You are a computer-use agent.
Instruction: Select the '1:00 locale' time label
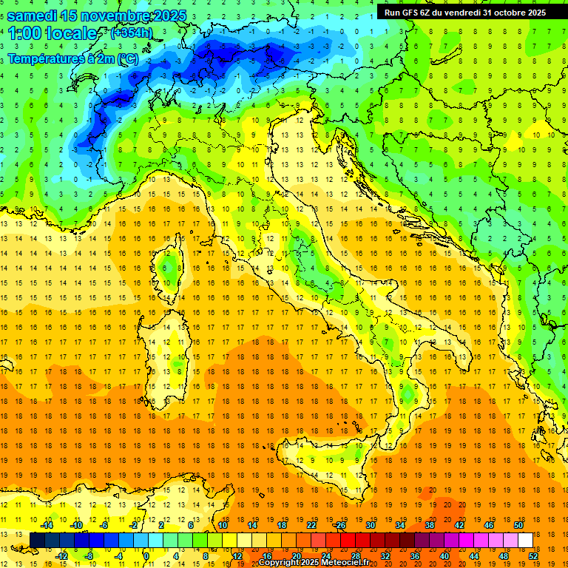click(x=53, y=33)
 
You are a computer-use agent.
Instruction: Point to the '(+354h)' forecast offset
click(x=132, y=33)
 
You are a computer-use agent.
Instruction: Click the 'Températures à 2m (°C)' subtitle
click(x=72, y=58)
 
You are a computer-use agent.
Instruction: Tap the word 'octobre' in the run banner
click(x=503, y=12)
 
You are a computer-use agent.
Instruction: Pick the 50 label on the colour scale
click(x=518, y=525)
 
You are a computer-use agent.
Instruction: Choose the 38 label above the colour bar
click(x=430, y=525)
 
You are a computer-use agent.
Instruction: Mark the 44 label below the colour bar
click(x=474, y=556)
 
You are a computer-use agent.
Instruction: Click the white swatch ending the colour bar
click(x=526, y=540)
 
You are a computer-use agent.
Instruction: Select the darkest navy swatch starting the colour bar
click(x=37, y=540)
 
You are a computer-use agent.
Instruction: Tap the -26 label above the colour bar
click(x=339, y=525)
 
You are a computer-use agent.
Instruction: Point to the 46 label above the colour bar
click(x=489, y=525)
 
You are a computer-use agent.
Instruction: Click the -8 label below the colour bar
click(x=89, y=556)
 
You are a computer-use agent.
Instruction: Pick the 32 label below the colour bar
click(x=385, y=556)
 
